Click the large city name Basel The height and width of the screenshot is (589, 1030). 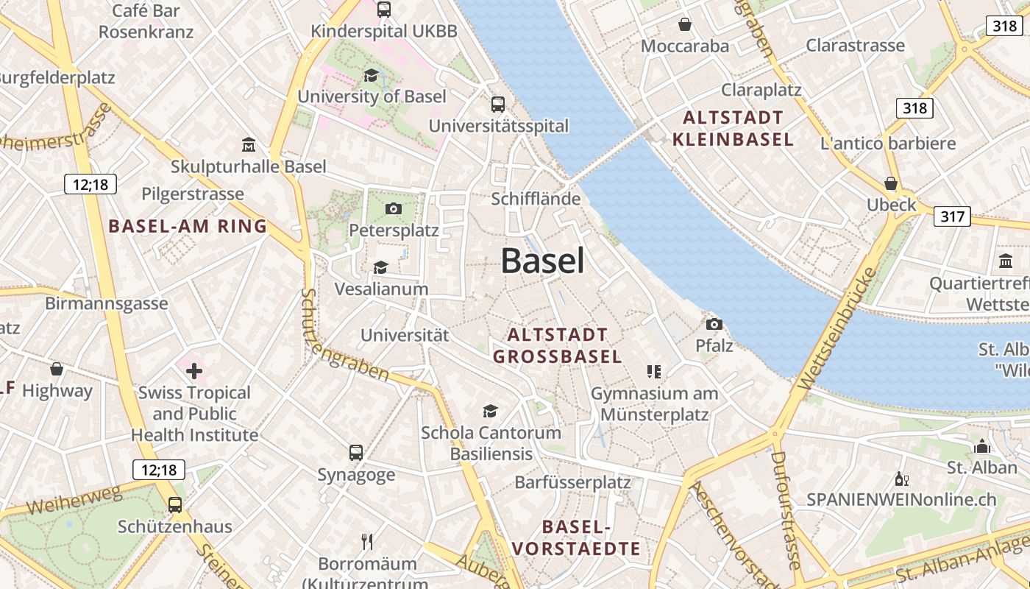click(543, 261)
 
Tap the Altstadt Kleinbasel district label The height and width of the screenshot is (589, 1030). click(733, 128)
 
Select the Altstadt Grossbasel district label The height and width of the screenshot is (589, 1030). click(557, 346)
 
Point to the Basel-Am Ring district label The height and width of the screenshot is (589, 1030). click(188, 226)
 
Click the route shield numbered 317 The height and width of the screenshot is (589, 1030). click(952, 216)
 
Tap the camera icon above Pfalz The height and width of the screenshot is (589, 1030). click(714, 324)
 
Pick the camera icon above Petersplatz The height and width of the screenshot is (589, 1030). click(394, 208)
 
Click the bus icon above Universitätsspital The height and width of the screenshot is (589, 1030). click(498, 104)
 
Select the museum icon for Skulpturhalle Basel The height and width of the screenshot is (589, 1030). click(248, 145)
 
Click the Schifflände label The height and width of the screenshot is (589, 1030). click(536, 199)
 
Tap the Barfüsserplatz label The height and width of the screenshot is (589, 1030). click(572, 482)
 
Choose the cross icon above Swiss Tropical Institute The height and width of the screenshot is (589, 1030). click(194, 370)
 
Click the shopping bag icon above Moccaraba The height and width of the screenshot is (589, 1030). click(685, 24)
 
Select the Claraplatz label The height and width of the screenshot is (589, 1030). click(761, 90)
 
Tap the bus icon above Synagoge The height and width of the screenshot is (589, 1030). click(356, 452)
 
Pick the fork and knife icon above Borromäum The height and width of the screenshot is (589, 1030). click(367, 542)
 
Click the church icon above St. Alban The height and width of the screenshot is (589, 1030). click(981, 445)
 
